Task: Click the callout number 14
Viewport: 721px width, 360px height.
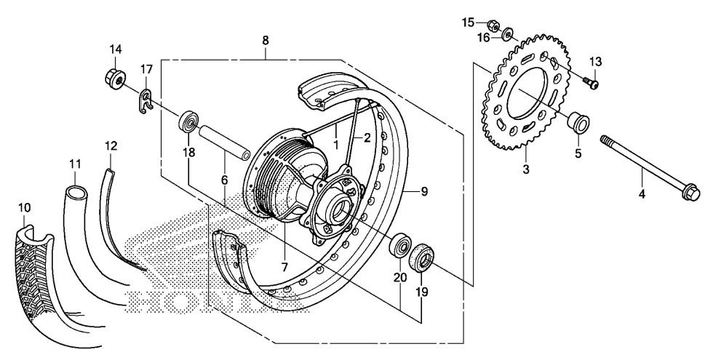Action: tap(115, 49)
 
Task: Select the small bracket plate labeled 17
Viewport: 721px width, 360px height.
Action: tap(146, 101)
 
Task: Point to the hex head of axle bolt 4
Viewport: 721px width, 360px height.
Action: tap(691, 193)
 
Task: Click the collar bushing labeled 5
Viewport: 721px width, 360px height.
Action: tap(578, 122)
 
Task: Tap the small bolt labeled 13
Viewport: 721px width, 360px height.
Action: tap(591, 83)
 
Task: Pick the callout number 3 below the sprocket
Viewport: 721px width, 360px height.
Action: tap(526, 169)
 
